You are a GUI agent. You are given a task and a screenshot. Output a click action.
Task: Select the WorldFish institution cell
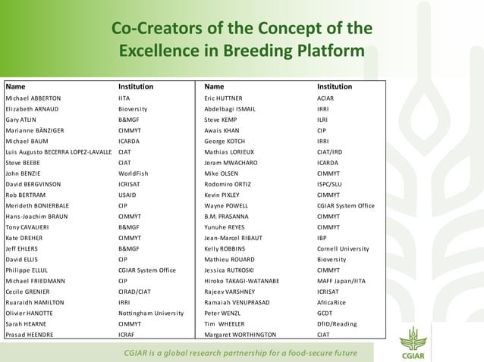click(x=134, y=173)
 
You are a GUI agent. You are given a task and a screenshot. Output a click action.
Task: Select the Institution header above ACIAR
click(x=335, y=86)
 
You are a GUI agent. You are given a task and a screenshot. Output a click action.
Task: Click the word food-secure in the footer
click(x=290, y=353)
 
